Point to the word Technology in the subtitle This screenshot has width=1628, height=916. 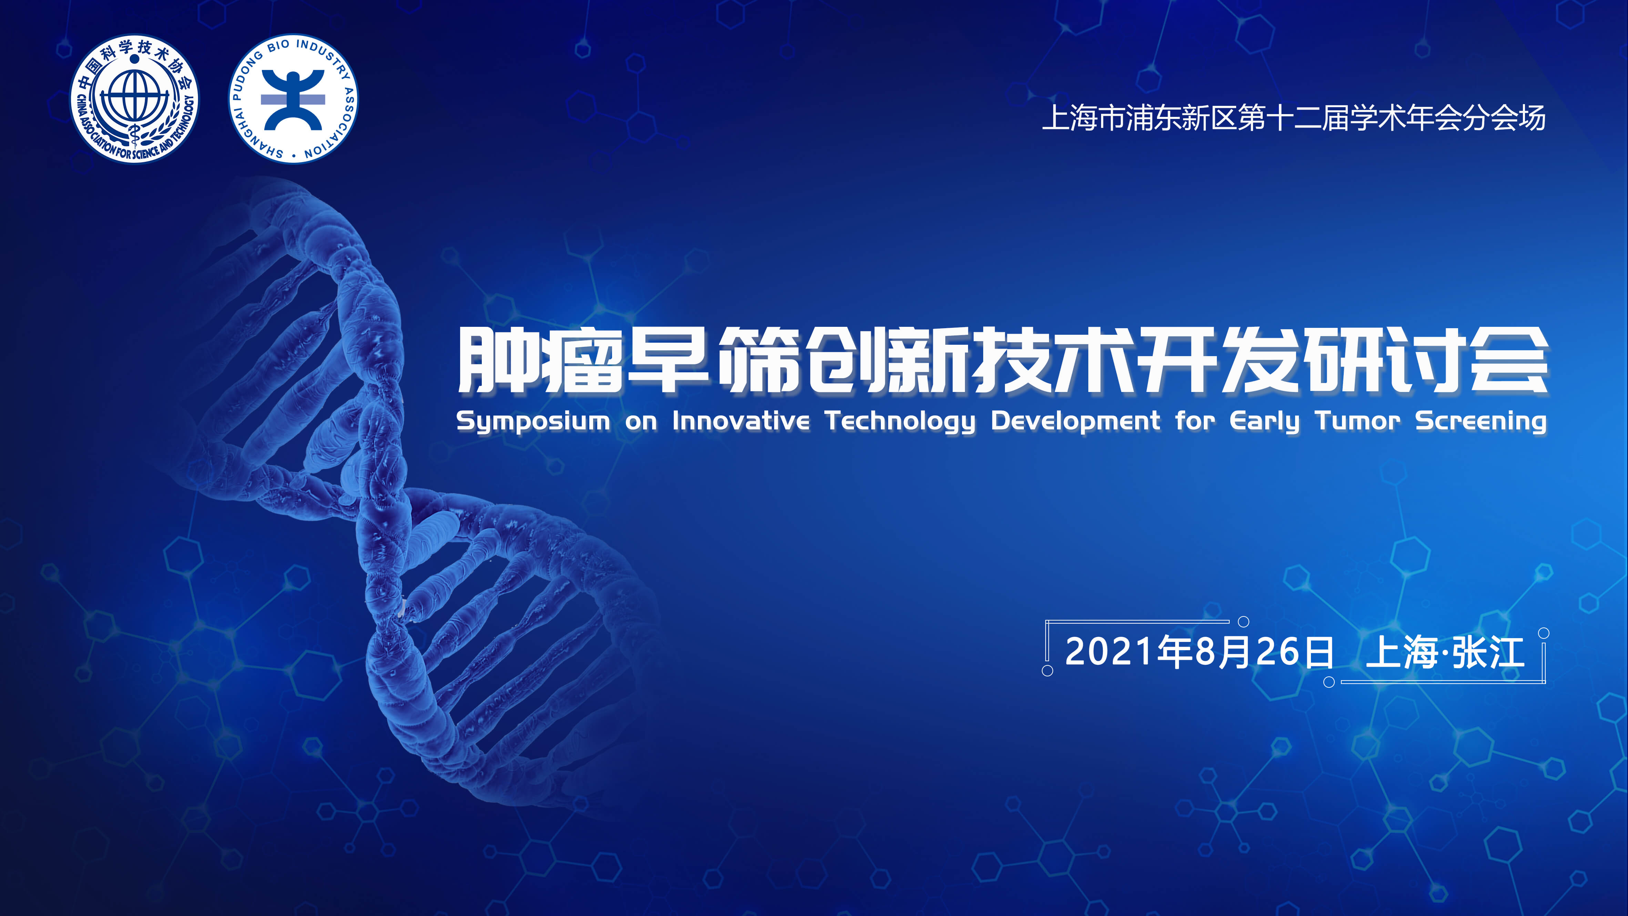(x=901, y=421)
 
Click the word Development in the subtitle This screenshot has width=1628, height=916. (x=1076, y=421)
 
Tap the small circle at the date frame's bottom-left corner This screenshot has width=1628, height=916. (x=1047, y=671)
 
